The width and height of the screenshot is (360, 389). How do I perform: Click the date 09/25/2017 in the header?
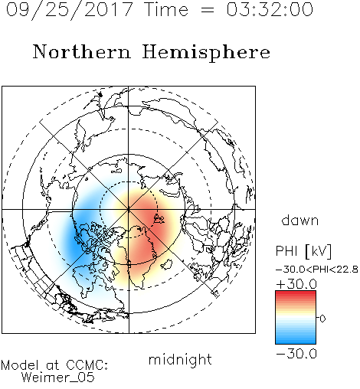coord(70,10)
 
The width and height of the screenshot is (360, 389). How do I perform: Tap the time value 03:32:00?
coord(270,10)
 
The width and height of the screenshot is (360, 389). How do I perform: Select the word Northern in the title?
coord(82,51)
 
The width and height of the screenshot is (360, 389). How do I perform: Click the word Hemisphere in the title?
coord(206,53)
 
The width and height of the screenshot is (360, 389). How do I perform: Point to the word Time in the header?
coord(166,10)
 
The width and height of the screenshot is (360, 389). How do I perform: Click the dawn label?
coord(300,220)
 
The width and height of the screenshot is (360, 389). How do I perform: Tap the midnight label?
coord(180,359)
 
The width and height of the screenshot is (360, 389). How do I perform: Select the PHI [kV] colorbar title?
coord(303,251)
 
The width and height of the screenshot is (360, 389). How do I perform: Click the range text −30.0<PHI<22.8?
coord(317,270)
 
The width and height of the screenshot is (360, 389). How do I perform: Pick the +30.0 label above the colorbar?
coord(296,284)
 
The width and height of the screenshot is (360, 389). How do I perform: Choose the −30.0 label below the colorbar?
coord(296,354)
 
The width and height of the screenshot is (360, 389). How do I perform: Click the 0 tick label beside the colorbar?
coord(322,319)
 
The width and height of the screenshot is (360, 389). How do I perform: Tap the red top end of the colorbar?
coord(296,293)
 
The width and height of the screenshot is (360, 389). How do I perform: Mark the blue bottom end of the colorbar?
coord(296,342)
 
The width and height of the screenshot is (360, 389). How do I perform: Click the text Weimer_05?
coord(58,378)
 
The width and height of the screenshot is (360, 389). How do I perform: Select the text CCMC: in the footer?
coord(87,365)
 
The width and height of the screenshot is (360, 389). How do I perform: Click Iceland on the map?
coord(166,264)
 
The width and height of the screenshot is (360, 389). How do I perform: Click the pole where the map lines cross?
coord(129,209)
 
